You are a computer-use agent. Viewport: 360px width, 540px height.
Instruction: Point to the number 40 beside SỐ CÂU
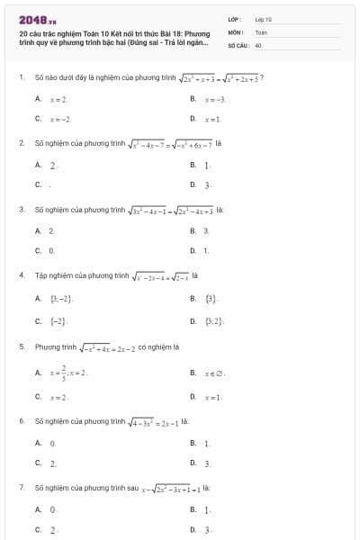pyautogui.click(x=258, y=43)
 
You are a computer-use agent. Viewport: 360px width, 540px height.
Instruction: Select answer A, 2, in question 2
pyautogui.click(x=54, y=165)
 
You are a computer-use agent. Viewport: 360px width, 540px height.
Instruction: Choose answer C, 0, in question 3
pyautogui.click(x=52, y=249)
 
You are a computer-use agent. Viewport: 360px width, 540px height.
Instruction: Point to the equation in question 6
pyautogui.click(x=155, y=420)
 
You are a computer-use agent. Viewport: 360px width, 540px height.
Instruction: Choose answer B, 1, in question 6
pyautogui.click(x=207, y=444)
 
